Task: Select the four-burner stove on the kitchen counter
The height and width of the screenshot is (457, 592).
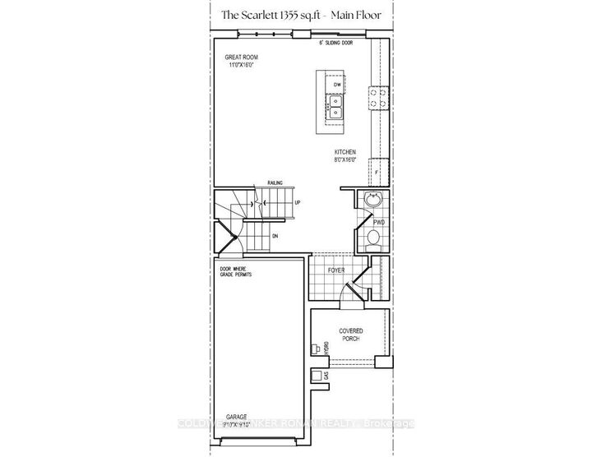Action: coord(379,99)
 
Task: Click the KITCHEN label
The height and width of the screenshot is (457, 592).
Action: coord(345,153)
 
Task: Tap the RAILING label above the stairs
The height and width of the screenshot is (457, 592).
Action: coord(274,185)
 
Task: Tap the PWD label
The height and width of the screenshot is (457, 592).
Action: coord(379,221)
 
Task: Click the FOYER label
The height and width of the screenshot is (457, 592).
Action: coord(335,269)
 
